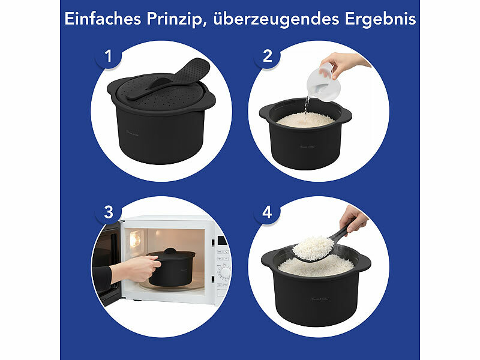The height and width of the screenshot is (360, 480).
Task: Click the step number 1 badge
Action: tap(109, 57)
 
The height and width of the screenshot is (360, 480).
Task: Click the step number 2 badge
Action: tap(268, 57)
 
